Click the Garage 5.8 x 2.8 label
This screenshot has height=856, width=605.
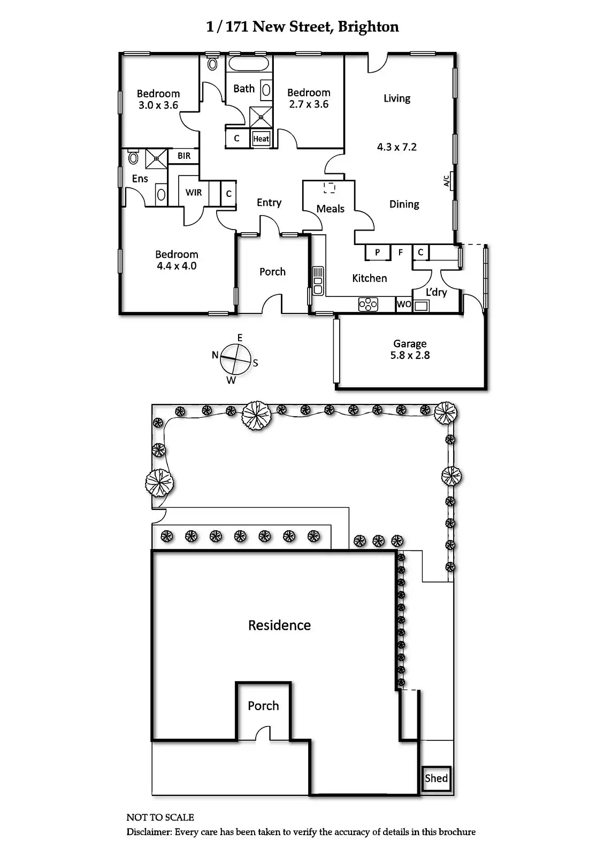pos(410,349)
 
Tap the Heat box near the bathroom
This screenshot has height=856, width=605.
pos(261,139)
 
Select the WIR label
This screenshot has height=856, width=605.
pos(194,192)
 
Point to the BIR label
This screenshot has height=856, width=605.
pos(184,156)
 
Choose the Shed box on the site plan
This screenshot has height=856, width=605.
pos(436,778)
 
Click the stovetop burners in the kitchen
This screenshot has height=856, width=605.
pos(368,304)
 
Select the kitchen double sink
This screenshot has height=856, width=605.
pos(318,281)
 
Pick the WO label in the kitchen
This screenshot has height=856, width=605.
pos(404,304)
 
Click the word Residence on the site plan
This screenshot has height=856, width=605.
pos(279,625)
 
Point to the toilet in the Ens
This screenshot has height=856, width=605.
pos(133,158)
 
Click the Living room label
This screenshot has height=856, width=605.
pos(397,98)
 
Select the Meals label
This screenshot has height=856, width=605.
pos(330,209)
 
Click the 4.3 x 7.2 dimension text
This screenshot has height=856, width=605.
pos(396,147)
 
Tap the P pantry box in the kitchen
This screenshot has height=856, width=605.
pos(378,252)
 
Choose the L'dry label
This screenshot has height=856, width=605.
pos(436,292)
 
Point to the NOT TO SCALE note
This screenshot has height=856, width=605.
pos(160,817)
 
